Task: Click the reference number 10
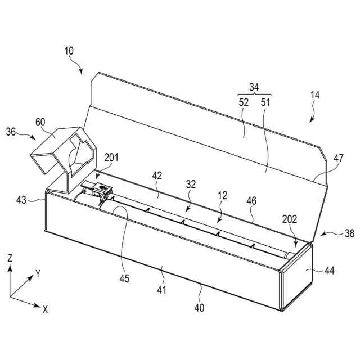tap(69, 51)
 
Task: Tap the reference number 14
tap(315, 95)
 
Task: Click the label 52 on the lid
tap(243, 102)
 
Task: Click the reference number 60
tap(40, 121)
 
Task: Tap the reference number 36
tap(11, 132)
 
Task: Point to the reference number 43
tap(21, 200)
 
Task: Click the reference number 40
tap(200, 308)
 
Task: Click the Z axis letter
tap(10, 258)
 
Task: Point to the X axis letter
tap(45, 308)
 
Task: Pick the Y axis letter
tap(38, 273)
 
